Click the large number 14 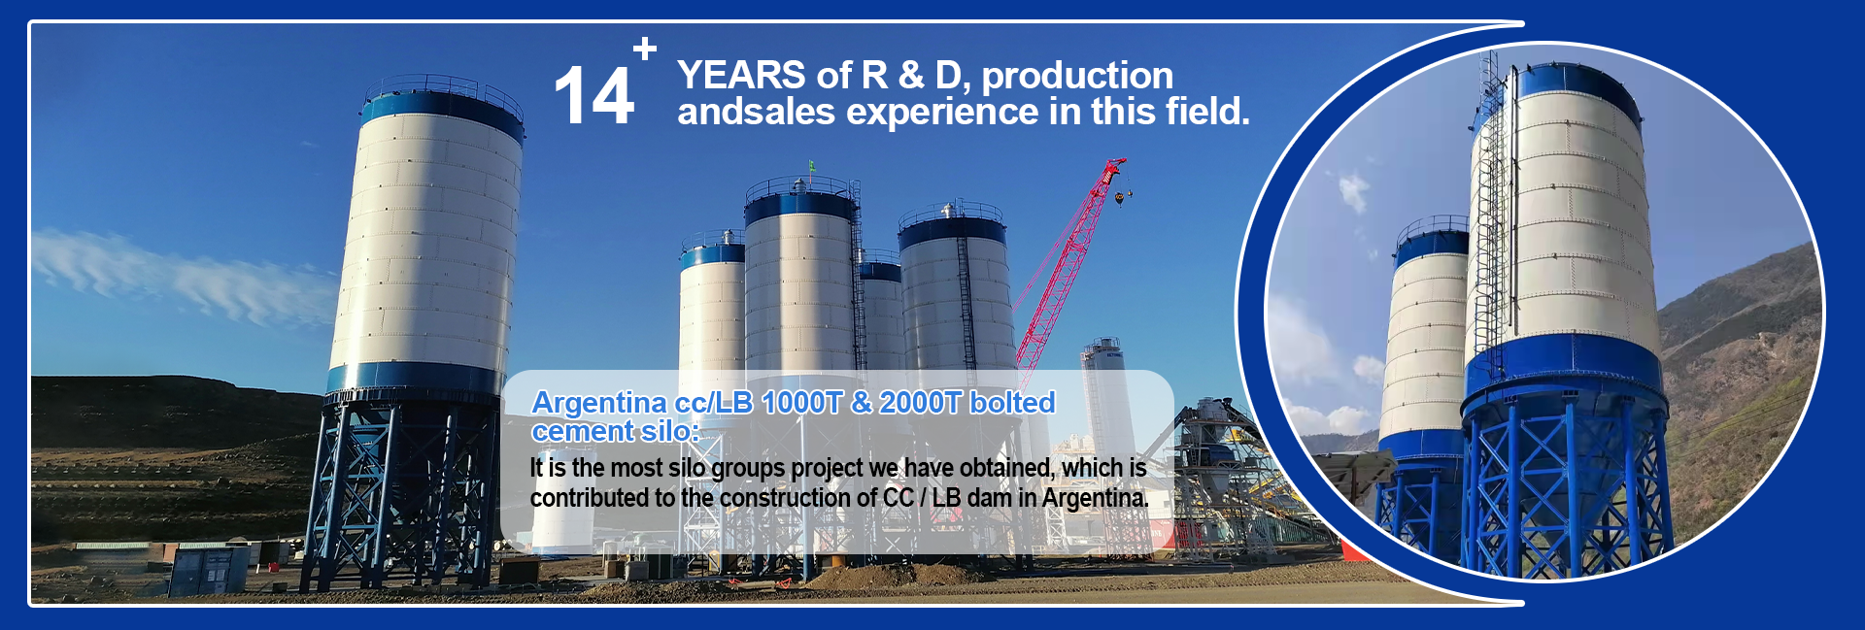[x=594, y=96]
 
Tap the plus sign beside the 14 [x=644, y=49]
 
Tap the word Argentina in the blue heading [x=599, y=403]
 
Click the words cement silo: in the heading [x=615, y=431]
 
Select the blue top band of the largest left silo [x=442, y=111]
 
